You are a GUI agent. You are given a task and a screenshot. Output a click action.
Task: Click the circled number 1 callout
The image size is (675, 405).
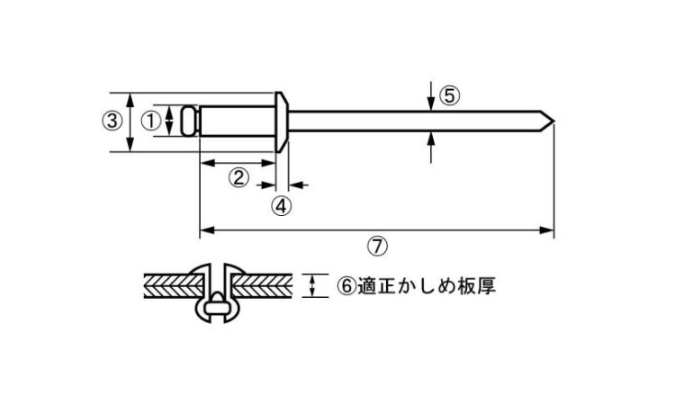point(150,119)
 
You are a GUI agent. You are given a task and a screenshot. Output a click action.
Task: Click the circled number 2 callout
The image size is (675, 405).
point(238,177)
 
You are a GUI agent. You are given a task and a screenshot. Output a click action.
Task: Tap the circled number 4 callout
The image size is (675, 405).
point(282,205)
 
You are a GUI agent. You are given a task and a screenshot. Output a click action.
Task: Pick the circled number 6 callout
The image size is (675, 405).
point(346,286)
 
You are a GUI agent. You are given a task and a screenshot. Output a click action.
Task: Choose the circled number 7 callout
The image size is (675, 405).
point(377,245)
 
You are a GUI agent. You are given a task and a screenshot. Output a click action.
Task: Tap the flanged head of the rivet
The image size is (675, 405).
point(282,121)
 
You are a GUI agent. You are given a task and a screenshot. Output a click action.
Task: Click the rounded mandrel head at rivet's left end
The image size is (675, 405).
point(189,121)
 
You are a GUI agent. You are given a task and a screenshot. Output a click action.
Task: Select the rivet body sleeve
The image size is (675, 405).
point(236,121)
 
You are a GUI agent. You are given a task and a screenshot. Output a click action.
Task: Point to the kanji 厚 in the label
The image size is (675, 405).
point(487,286)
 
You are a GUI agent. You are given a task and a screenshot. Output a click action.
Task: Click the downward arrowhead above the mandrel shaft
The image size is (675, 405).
point(433,104)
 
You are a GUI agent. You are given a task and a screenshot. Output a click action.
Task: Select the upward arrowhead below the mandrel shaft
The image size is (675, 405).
point(433,138)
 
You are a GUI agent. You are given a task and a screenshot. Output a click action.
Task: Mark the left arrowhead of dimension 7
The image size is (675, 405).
point(205,231)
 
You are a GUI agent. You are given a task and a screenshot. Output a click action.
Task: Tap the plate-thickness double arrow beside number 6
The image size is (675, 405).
point(313,286)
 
